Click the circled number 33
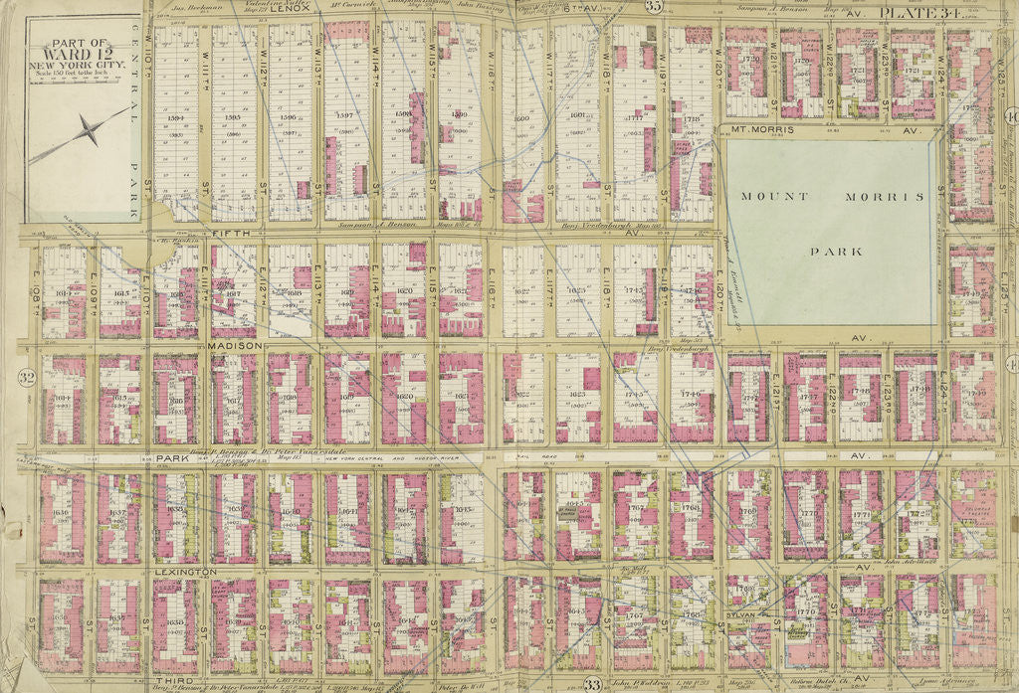click(592, 683)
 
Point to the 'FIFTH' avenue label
click(232, 232)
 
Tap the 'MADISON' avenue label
click(236, 344)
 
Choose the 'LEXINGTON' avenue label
click(186, 572)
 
